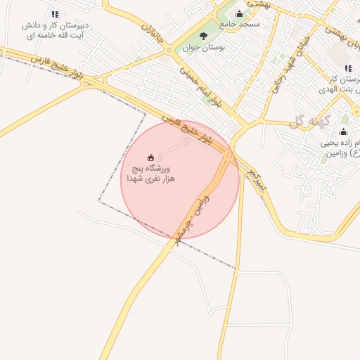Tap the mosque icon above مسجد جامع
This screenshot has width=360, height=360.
tap(239, 13)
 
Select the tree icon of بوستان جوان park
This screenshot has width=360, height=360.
tap(204, 35)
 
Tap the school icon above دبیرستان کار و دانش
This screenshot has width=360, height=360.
tap(56, 14)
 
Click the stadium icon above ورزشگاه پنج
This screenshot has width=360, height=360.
tap(150, 157)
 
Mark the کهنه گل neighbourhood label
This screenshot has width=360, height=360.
tap(307, 121)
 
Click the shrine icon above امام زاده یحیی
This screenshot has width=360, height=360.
tap(343, 132)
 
